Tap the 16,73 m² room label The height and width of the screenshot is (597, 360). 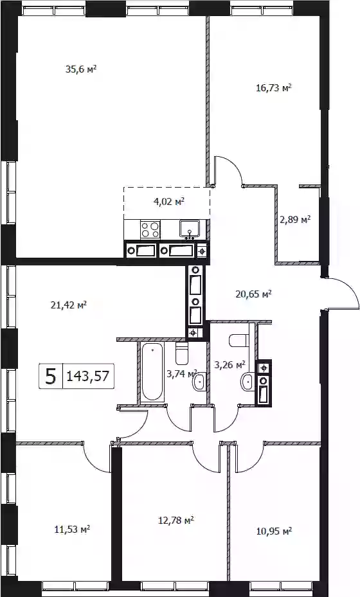(x=274, y=88)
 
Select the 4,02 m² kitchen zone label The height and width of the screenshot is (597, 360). (x=169, y=202)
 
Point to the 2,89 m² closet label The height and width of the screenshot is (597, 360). (x=295, y=220)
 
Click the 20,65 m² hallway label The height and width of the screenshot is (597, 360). (x=253, y=294)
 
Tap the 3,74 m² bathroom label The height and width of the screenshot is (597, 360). (x=182, y=374)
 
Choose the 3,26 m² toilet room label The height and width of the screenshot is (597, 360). (x=230, y=366)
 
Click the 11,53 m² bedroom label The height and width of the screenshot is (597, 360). (x=73, y=529)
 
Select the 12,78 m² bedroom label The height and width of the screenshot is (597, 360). (x=176, y=520)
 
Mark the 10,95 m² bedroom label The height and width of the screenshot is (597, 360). (x=274, y=531)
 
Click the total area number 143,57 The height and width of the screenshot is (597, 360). (x=88, y=376)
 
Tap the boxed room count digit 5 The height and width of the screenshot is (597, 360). (x=51, y=376)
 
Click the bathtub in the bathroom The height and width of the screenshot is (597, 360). (x=152, y=371)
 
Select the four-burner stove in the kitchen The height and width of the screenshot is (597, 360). (x=150, y=229)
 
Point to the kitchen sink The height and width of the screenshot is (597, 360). (x=190, y=229)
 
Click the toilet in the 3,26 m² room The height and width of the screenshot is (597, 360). (x=239, y=340)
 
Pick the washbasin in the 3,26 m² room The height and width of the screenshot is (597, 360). (x=248, y=380)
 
